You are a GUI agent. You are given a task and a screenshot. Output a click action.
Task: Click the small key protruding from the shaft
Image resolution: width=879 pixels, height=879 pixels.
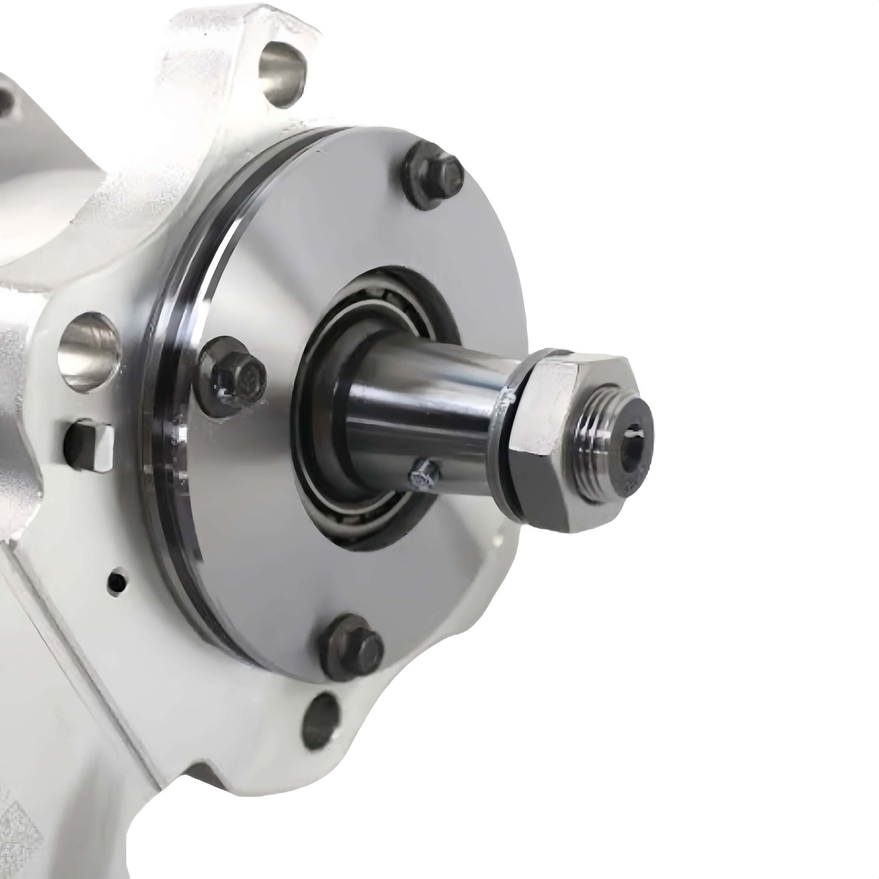coord(423,475)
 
